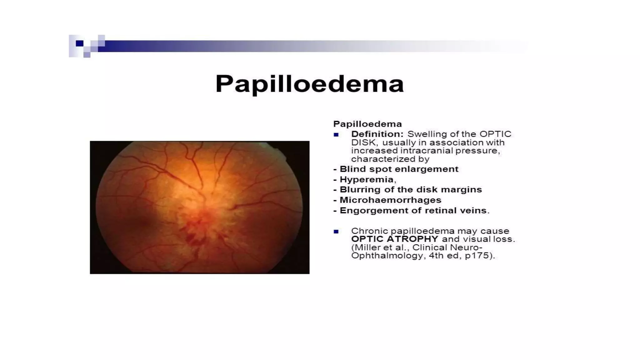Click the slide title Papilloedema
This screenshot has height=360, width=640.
pyautogui.click(x=309, y=84)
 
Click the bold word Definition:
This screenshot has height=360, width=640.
pyautogui.click(x=377, y=134)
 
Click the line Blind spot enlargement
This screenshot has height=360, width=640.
pyautogui.click(x=399, y=169)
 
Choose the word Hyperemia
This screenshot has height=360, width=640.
pyautogui.click(x=367, y=179)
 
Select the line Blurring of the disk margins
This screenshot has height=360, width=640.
pyautogui.click(x=411, y=190)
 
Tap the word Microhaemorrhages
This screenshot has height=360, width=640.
pyautogui.click(x=390, y=200)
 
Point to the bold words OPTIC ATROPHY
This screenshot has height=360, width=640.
pyautogui.click(x=395, y=239)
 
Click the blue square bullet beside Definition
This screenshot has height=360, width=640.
pyautogui.click(x=336, y=135)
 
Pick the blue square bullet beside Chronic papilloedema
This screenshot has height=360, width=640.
pyautogui.click(x=336, y=232)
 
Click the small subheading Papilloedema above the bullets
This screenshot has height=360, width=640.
pyautogui.click(x=367, y=124)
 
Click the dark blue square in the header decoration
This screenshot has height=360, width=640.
pyautogui.click(x=80, y=43)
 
